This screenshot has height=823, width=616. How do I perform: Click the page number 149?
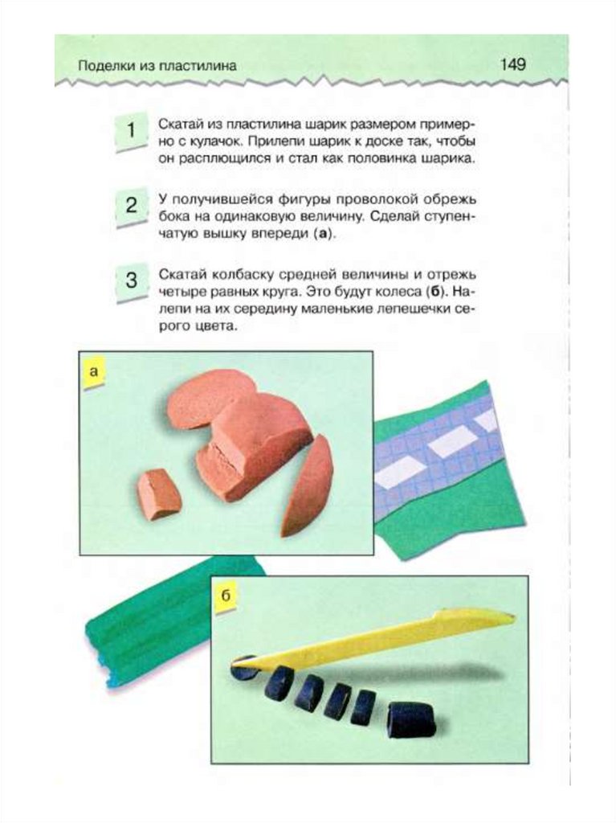pos(512,64)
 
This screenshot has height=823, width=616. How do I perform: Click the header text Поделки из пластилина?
pos(157,66)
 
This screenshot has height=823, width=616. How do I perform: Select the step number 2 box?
pos(130,206)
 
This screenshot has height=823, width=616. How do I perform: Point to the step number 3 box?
pos(130,280)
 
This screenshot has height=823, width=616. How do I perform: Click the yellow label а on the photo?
pos(94,372)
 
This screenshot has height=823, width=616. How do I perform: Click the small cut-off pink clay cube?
pos(159,494)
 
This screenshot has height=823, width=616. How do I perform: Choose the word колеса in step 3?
pos(398,291)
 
